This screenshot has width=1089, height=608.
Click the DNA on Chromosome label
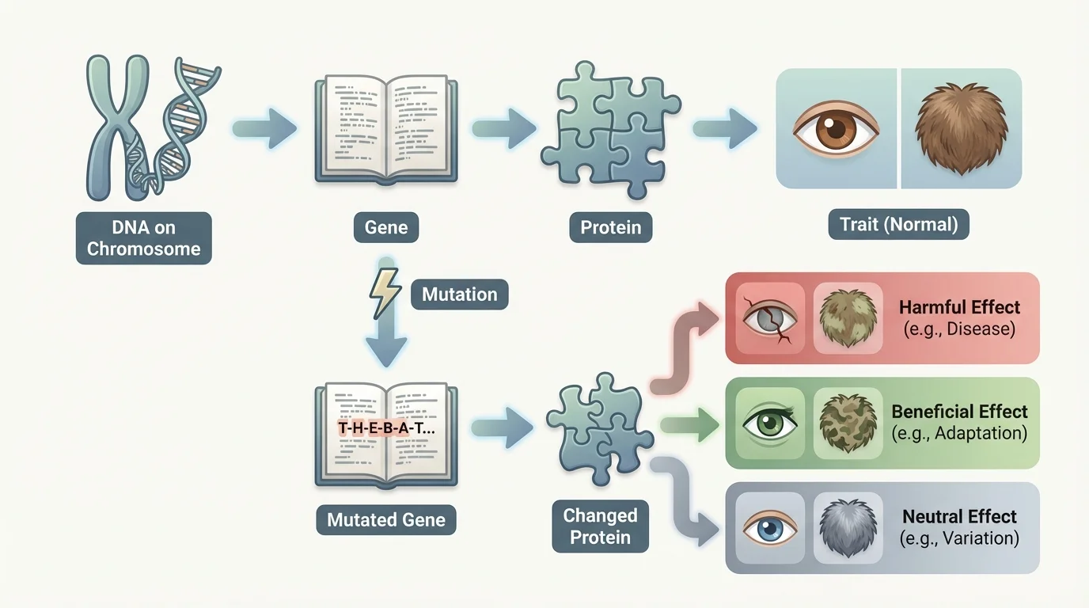click(x=143, y=237)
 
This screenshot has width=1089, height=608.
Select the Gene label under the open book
click(x=386, y=228)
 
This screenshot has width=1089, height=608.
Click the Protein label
click(x=610, y=228)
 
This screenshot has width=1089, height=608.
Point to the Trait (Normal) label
click(x=898, y=225)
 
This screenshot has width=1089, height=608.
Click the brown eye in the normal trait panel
click(x=836, y=129)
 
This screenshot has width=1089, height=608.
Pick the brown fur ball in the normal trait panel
click(x=960, y=129)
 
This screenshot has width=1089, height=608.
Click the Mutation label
click(x=459, y=294)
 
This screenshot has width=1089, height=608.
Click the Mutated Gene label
click(x=386, y=520)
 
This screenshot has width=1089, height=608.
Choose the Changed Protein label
click(x=600, y=526)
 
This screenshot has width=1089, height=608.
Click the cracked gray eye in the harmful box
click(x=770, y=318)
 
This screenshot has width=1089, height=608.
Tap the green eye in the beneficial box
click(x=770, y=422)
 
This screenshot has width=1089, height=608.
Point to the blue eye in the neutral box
click(x=770, y=528)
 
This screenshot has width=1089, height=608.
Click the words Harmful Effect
click(x=959, y=307)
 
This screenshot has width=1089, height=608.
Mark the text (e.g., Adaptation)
click(x=959, y=434)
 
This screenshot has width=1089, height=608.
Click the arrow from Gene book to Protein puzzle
click(x=504, y=128)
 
